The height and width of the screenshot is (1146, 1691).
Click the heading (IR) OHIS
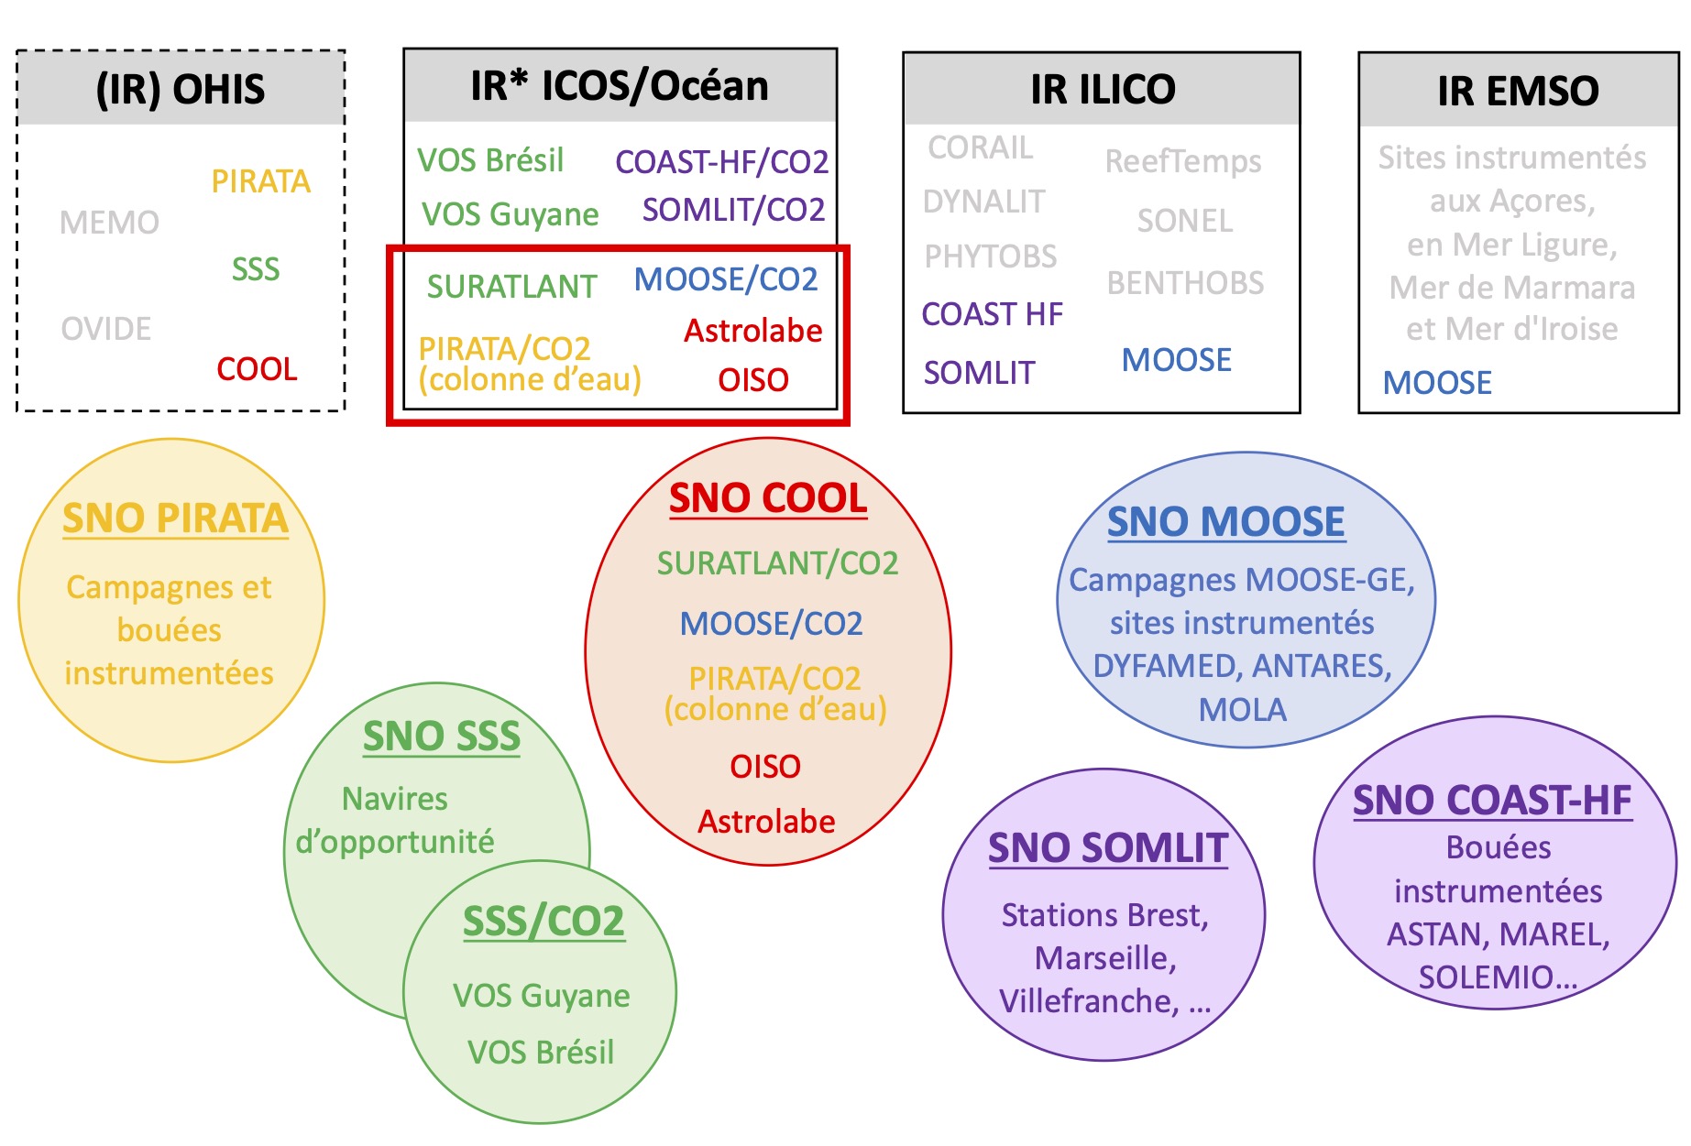coord(181,90)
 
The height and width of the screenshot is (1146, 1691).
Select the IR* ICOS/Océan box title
coord(620,86)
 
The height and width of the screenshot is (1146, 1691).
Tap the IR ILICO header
coord(1103,90)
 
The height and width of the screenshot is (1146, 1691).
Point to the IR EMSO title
coord(1518,92)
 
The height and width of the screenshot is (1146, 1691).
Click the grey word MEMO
coord(109,223)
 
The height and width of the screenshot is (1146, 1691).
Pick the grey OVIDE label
coord(106,329)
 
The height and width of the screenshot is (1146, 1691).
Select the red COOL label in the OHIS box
coord(257,369)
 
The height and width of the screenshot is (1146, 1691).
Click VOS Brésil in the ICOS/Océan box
coord(490,160)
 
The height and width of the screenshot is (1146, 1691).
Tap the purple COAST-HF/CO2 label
coord(721,162)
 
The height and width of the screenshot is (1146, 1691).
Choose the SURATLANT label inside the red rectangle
coord(511,287)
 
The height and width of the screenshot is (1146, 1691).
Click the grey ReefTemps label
coord(1183,161)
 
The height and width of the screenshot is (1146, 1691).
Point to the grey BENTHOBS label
coord(1185,283)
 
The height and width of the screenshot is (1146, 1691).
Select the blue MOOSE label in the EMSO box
coord(1437,382)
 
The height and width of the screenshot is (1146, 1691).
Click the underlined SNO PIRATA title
coord(175,518)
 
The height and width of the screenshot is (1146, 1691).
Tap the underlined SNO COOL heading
coord(768,499)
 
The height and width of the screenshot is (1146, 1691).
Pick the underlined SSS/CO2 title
coord(544,922)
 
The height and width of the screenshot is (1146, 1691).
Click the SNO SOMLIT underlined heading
coord(1108,848)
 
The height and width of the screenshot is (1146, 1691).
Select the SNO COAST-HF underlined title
coord(1492,801)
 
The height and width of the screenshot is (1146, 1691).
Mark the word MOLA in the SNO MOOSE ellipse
coord(1243,710)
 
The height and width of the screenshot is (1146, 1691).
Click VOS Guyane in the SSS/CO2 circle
coord(541,996)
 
